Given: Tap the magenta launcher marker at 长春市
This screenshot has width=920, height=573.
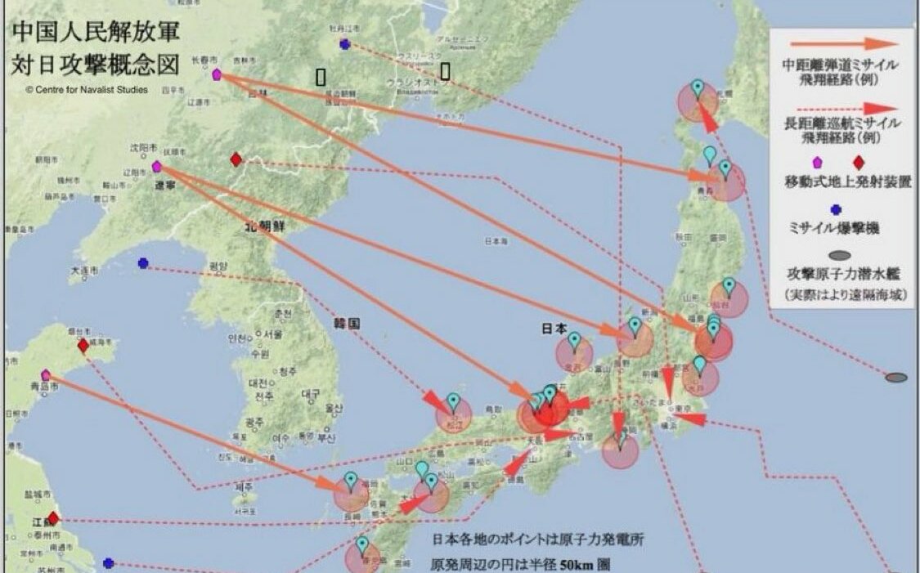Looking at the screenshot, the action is tap(217, 74).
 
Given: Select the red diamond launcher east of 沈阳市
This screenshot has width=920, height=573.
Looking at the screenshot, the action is tap(236, 159).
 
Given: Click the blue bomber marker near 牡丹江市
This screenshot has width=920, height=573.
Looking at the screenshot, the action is tap(345, 44).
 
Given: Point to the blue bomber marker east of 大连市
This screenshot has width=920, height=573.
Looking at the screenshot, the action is tap(143, 263).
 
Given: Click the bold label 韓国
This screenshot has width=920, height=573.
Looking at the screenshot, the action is tap(348, 324).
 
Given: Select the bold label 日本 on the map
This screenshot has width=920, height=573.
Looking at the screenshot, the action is tap(554, 329).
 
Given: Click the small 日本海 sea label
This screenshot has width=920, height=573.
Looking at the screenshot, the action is tap(495, 241).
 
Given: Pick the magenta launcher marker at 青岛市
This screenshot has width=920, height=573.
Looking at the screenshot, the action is tap(46, 375).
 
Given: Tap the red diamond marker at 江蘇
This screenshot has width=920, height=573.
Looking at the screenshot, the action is tap(53, 518).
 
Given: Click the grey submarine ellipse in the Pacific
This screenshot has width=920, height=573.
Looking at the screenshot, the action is tap(896, 378).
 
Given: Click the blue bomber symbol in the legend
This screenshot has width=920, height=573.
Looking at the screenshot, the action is tap(836, 210).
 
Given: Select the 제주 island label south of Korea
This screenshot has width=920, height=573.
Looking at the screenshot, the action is tap(243, 487).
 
